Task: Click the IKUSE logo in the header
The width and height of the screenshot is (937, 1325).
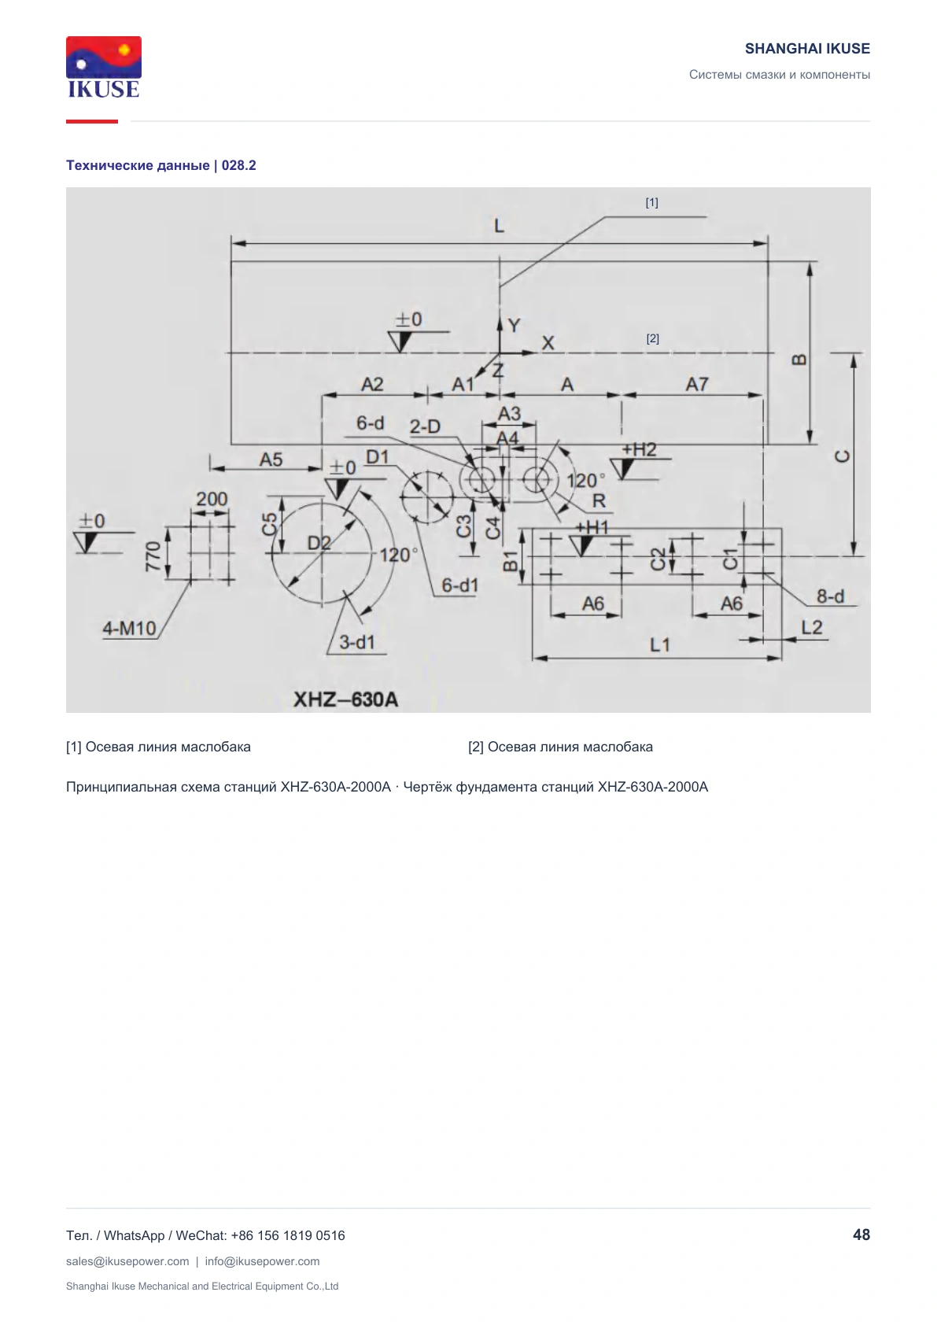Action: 104,67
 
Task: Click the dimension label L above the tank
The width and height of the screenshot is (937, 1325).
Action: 500,226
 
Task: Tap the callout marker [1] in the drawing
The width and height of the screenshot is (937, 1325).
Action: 652,203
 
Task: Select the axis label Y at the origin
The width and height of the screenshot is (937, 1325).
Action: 514,325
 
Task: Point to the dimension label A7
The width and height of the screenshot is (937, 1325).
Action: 697,385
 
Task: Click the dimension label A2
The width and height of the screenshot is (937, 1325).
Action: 372,385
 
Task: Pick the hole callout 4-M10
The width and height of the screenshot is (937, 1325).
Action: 130,628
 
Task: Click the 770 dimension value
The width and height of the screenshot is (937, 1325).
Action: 153,556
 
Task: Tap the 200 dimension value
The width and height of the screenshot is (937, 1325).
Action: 212,499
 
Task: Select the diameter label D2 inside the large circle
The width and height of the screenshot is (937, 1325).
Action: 319,542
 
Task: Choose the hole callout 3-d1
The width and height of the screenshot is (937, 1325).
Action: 357,642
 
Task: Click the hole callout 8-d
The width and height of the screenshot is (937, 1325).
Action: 831,596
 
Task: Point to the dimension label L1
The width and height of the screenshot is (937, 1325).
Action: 659,644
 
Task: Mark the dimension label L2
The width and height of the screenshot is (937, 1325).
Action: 812,627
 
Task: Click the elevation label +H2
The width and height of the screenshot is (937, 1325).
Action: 639,449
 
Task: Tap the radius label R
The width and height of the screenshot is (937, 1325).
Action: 599,501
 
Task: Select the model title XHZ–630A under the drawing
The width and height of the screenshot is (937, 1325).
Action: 346,699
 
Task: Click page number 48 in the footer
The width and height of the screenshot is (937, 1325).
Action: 861,1235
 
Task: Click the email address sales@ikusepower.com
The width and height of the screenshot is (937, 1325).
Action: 127,1261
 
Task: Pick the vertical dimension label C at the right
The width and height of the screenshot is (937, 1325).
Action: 843,456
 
